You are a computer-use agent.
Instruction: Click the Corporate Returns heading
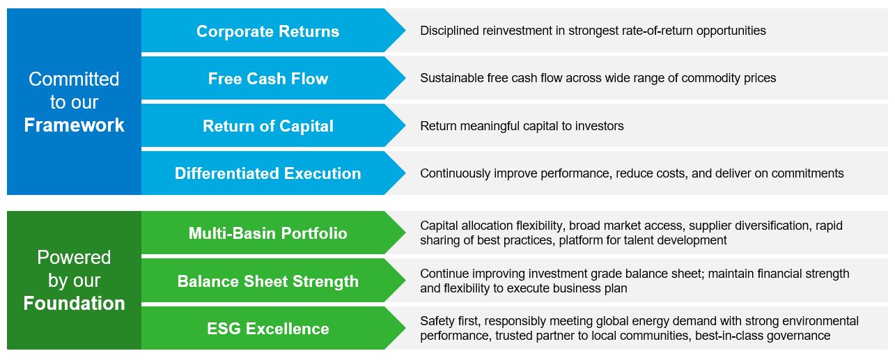[267, 31]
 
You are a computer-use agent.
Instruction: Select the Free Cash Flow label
[267, 79]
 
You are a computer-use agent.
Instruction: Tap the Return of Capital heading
[267, 126]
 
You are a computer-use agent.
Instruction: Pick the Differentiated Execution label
[267, 173]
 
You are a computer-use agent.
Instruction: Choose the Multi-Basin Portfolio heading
[267, 233]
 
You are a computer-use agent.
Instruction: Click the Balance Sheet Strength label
[267, 281]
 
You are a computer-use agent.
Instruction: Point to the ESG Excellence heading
[267, 329]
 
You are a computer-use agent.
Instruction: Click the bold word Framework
[74, 125]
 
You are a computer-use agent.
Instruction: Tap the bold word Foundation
[74, 304]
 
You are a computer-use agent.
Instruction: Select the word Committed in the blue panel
[74, 79]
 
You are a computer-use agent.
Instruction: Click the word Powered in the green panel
[74, 258]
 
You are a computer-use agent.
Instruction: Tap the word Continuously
[455, 173]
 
